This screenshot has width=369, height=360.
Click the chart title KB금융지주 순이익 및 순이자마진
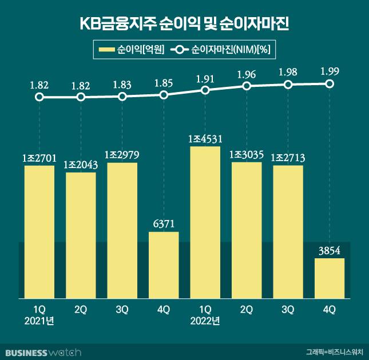click(x=184, y=25)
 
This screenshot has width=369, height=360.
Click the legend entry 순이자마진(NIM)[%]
click(x=223, y=50)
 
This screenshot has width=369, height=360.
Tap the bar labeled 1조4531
click(x=205, y=223)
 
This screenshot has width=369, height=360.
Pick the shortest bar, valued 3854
click(x=330, y=278)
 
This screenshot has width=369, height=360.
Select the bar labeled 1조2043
click(x=81, y=235)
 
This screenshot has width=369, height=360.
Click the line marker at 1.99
click(x=330, y=83)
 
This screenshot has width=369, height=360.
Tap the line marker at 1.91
click(x=205, y=90)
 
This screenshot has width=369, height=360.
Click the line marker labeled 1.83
click(x=122, y=96)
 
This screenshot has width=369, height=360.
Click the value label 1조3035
click(x=247, y=154)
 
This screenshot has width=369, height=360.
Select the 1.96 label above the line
click(x=247, y=74)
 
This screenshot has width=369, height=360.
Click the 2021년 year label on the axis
click(x=39, y=321)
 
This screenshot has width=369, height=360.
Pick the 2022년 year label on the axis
click(x=205, y=321)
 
